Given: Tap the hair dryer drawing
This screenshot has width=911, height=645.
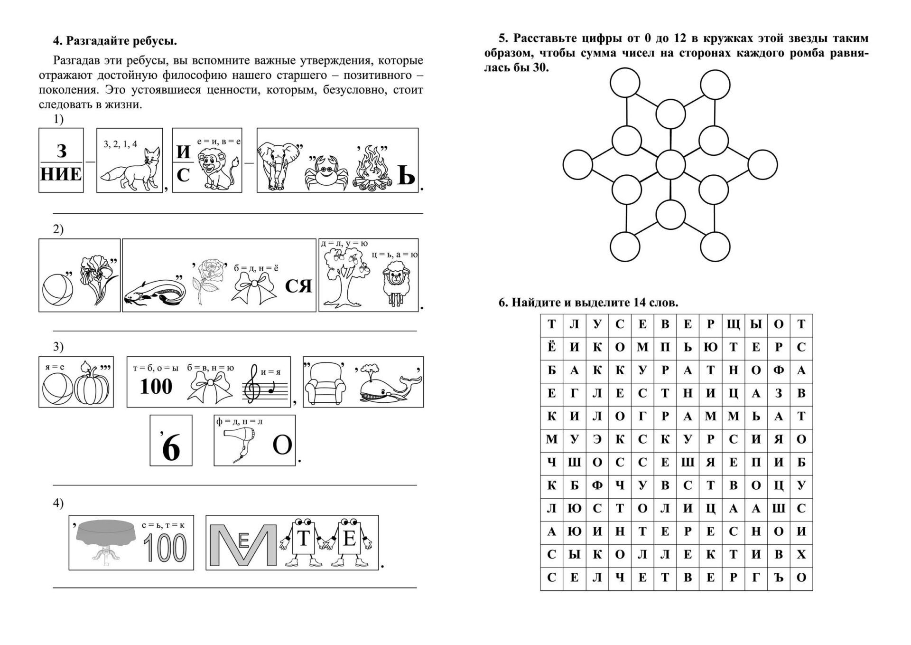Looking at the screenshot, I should (x=242, y=442).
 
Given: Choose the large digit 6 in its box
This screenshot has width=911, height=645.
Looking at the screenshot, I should (x=171, y=446).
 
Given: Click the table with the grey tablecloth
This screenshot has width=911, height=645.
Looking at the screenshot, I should (x=107, y=540).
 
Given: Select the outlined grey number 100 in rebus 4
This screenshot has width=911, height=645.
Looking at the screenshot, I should (x=165, y=547).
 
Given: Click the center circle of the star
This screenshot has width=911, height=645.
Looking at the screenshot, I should (x=670, y=164).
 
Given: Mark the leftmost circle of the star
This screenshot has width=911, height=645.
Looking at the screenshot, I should (x=577, y=164).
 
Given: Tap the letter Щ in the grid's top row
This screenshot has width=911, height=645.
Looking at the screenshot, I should (x=733, y=325).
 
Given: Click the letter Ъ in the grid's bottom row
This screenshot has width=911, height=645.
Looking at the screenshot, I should (x=778, y=578).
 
